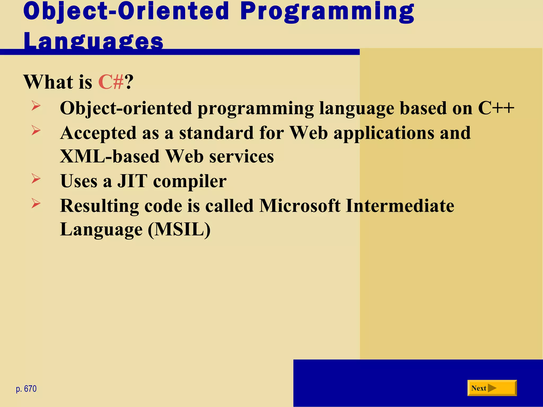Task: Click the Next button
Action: [x=492, y=388]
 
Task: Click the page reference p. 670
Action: [x=26, y=389]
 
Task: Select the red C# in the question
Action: [x=111, y=82]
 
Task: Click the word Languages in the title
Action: [x=93, y=41]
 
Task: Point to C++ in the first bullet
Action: [x=496, y=108]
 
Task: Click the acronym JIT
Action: [x=132, y=181]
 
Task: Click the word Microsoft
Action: [x=300, y=206]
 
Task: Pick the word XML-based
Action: [x=110, y=156]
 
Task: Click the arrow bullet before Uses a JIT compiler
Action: [x=36, y=179]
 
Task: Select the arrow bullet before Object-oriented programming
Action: [x=36, y=106]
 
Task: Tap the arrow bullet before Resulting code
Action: [x=36, y=203]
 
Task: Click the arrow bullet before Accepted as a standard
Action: [x=36, y=130]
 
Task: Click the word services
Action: [x=241, y=156]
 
